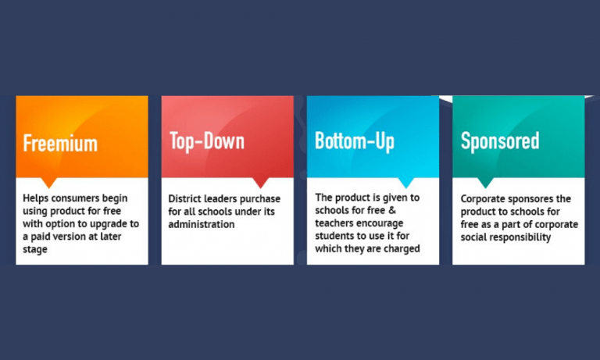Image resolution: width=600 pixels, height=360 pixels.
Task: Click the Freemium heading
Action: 60,143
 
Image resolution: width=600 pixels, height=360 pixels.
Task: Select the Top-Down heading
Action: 207,141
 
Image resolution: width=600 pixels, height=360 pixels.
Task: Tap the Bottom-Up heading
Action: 355,141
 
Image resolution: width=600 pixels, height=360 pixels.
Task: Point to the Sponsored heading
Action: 500,141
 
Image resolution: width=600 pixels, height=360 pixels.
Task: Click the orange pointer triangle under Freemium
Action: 49,183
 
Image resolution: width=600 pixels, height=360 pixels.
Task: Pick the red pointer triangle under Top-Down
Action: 261,183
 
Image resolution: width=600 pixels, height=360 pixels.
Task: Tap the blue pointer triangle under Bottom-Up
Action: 406,183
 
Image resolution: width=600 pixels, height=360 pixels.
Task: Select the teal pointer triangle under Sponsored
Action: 486,183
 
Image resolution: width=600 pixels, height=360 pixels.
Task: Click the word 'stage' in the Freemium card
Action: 35,250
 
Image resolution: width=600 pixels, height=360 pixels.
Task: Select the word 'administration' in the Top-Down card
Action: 202,224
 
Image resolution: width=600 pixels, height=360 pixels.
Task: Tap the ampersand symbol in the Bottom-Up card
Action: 392,210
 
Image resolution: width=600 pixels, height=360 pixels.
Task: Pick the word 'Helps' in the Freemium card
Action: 36,198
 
